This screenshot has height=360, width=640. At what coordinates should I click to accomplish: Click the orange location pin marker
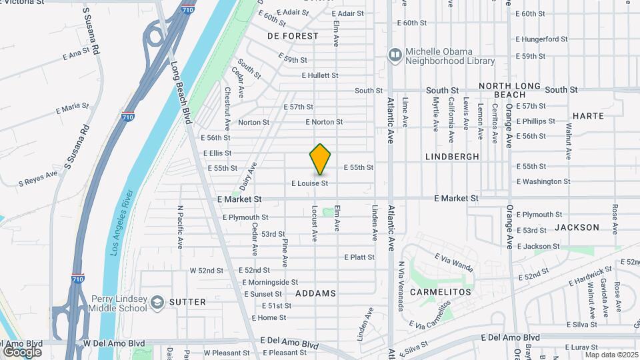[320, 159]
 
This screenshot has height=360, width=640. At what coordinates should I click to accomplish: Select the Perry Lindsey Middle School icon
[157, 303]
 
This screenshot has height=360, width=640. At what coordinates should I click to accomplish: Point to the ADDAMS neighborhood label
[317, 293]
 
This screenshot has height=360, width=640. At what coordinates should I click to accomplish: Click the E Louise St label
[310, 183]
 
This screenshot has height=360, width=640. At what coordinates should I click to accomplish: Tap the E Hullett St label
[320, 75]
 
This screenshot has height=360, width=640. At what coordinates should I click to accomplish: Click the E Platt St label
[359, 257]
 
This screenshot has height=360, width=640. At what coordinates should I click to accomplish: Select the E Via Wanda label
[454, 262]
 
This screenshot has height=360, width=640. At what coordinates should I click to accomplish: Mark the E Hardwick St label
[590, 277]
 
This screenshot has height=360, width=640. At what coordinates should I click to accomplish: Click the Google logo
[22, 351]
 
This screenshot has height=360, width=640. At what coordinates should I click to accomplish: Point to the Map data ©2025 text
[611, 354]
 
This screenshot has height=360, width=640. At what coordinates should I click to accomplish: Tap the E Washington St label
[543, 181]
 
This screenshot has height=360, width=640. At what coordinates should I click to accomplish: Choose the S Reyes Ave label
[38, 178]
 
